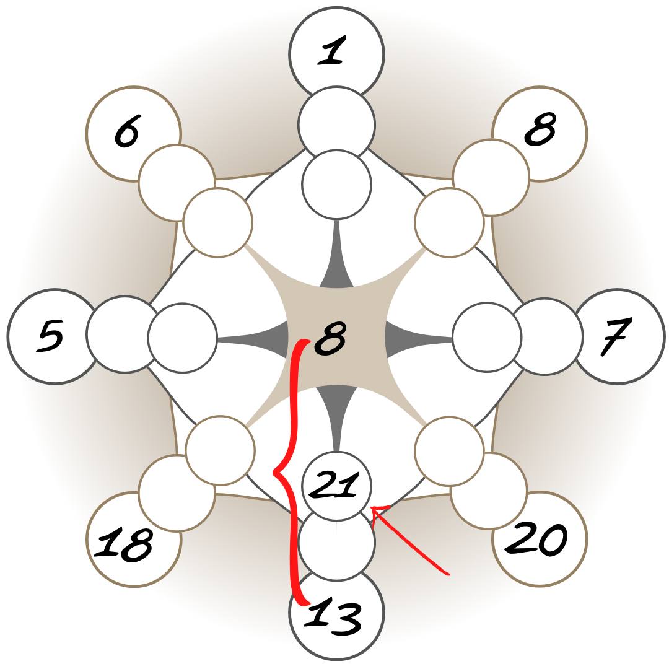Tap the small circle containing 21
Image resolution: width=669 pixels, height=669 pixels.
(336, 484)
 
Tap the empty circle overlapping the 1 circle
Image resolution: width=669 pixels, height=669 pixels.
(336, 124)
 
